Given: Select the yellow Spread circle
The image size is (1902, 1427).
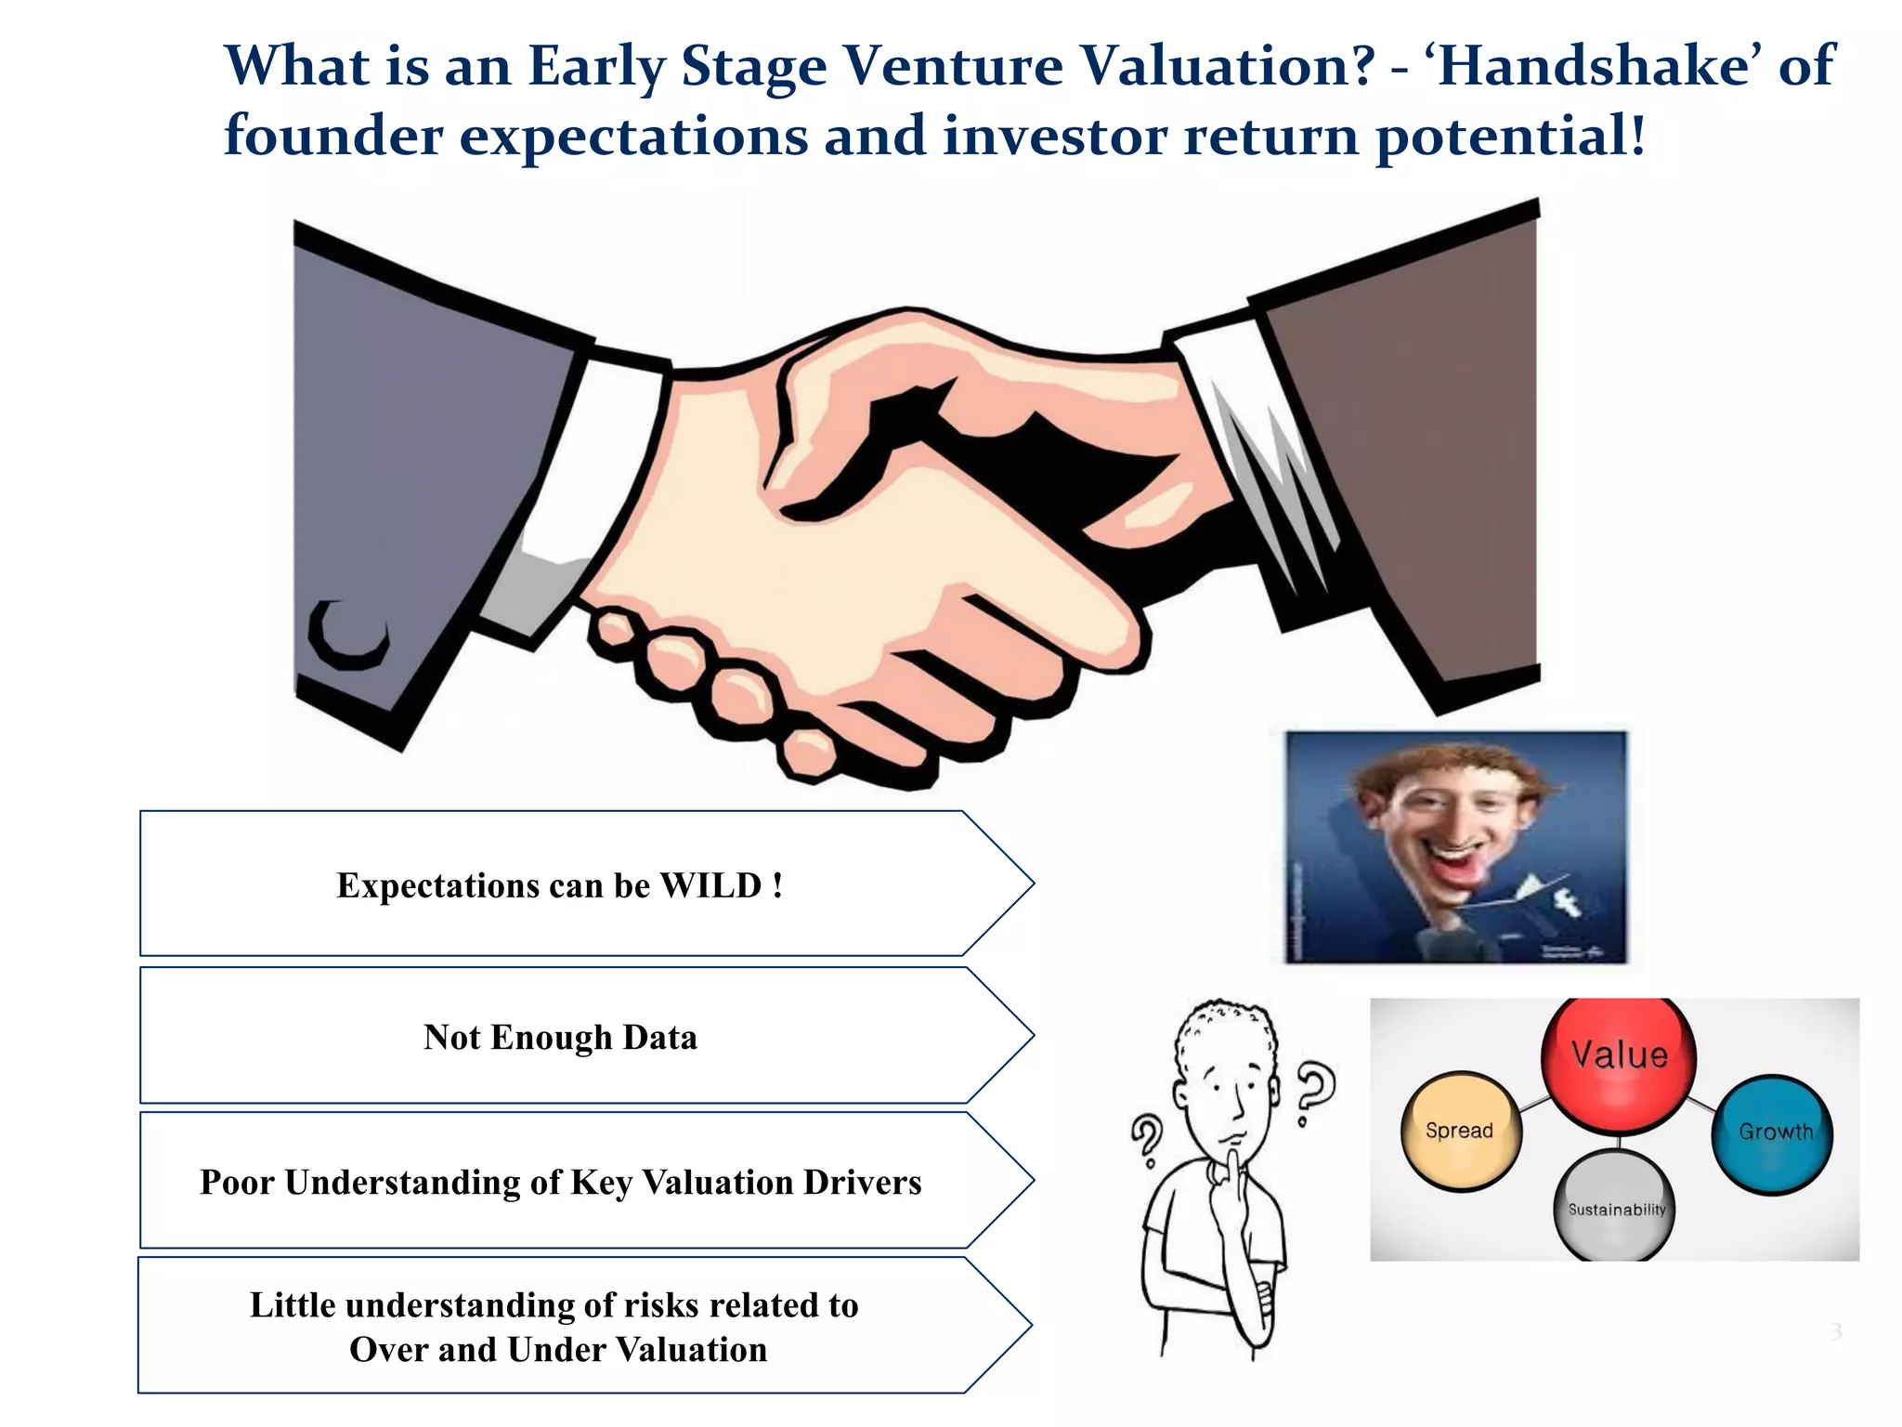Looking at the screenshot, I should pos(1460,1131).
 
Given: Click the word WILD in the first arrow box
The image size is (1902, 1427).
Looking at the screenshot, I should pos(710,885).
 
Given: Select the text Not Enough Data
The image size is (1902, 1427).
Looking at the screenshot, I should pos(560,1037).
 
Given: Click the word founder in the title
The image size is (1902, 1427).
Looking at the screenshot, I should pos(332,136).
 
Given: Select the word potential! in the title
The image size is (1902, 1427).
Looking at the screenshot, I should pos(1510,136).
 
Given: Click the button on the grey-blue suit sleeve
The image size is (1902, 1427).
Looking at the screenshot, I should pos(348,635).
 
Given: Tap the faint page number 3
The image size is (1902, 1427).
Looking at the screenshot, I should pos(1835,1331).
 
